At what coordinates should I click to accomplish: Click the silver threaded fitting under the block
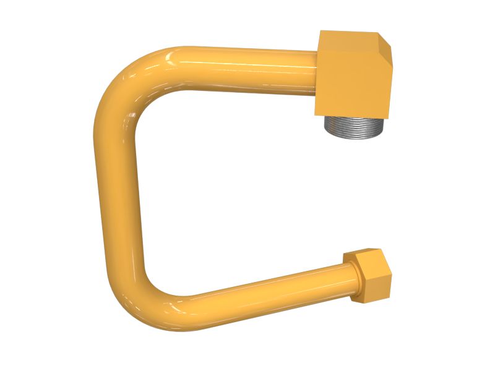point(354,126)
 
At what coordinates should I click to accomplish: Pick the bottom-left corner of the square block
point(316,114)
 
